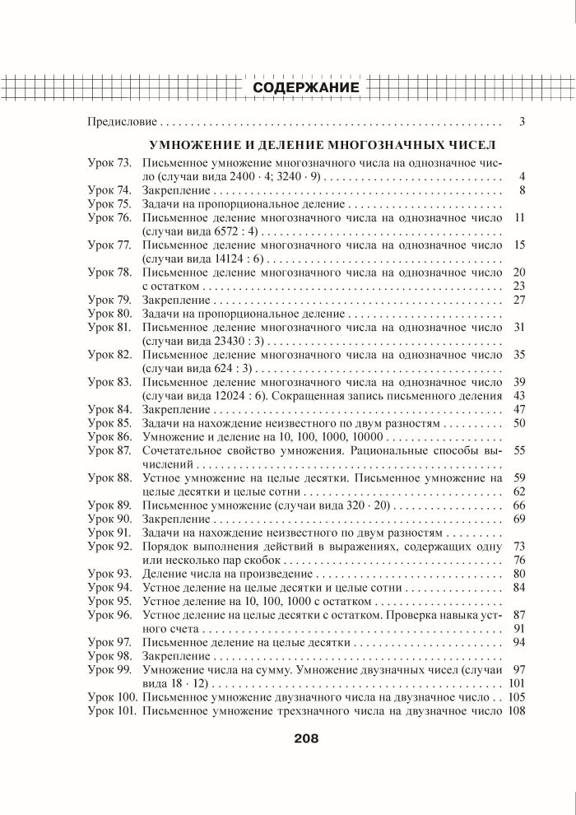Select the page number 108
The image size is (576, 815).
[517, 710]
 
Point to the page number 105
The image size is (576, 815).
[517, 697]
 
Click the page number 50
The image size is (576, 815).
[518, 422]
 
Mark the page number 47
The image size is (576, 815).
[518, 409]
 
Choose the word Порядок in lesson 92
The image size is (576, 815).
[164, 547]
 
